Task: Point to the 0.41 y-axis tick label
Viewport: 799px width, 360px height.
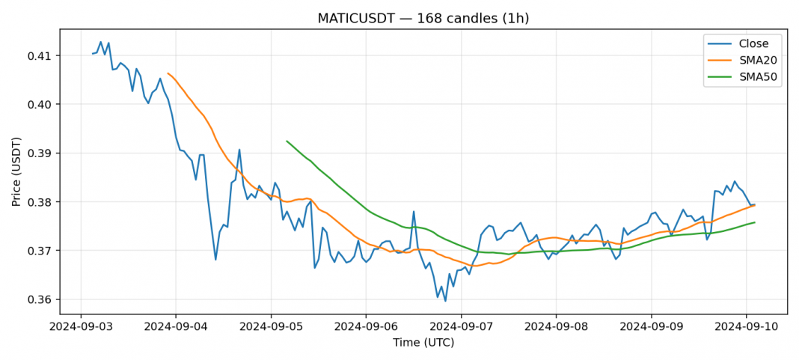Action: (41, 56)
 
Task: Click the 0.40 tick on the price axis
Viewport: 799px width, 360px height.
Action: (41, 105)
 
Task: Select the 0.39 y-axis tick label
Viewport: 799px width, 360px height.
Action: (41, 153)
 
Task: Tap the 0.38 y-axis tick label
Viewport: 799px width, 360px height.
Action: (41, 202)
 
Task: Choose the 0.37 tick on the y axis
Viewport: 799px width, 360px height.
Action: (41, 251)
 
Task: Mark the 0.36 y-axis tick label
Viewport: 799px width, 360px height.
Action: (41, 299)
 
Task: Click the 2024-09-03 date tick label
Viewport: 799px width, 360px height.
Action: (81, 326)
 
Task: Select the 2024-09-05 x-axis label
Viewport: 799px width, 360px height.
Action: (271, 326)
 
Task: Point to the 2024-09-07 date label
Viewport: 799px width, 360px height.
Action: (461, 326)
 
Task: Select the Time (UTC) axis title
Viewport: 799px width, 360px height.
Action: (423, 343)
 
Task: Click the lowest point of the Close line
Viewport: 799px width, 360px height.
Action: (446, 301)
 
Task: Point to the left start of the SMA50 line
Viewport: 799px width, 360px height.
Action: (287, 141)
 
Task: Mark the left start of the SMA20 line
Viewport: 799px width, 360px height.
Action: (168, 73)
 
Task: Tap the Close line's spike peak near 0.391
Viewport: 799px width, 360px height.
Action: (239, 150)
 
